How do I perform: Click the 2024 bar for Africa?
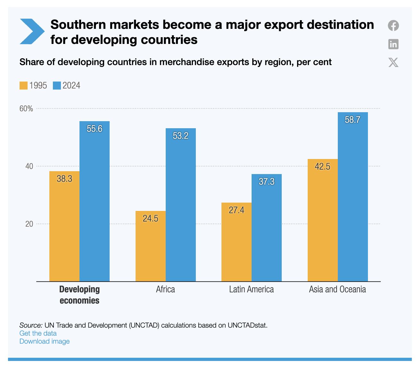tap(180, 205)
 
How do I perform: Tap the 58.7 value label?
tap(353, 120)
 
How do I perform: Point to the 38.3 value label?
tap(64, 179)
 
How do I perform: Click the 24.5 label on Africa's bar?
tap(150, 219)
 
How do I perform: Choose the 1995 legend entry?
tap(33, 86)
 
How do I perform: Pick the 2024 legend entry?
tap(67, 86)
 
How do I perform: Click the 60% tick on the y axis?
tap(26, 109)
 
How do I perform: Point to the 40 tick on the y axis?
tap(29, 166)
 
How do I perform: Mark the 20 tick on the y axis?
tap(29, 224)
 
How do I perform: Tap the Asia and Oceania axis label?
tap(337, 289)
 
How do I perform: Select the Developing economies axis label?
tap(79, 295)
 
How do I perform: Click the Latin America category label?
tap(251, 289)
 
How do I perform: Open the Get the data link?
tap(38, 333)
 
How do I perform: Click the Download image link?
tap(45, 341)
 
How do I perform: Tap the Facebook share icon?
tap(393, 26)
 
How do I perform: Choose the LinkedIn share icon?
tap(393, 44)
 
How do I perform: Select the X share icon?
tap(393, 63)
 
